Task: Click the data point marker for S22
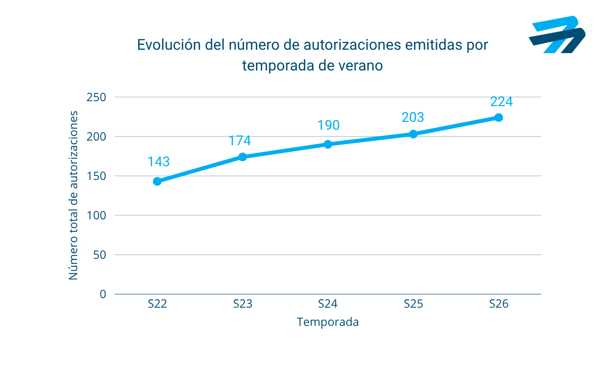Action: pos(157,181)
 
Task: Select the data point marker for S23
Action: pos(243,157)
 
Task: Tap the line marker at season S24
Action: pos(328,144)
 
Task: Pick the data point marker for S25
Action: pos(413,134)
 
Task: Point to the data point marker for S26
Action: pos(499,118)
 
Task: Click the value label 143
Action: pos(158,162)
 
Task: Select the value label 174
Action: pos(240,141)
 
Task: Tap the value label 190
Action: pos(329,125)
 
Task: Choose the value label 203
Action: pos(413,118)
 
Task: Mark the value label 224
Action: pos(502,102)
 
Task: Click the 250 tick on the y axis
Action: pos(96,97)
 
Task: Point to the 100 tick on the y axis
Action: pos(96,216)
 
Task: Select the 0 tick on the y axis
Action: pos(103,294)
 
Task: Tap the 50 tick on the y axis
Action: pos(100,255)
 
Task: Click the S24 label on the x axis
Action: pos(328,304)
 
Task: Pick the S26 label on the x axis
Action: pos(499,304)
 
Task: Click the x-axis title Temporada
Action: pos(328,322)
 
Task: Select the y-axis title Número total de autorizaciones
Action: pos(73,195)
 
